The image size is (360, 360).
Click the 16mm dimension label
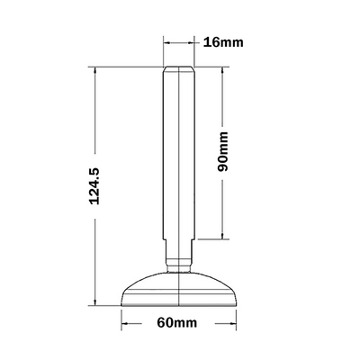click(223, 42)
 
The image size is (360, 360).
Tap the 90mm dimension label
click(222, 151)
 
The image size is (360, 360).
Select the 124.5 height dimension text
click(94, 186)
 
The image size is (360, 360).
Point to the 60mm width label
click(177, 323)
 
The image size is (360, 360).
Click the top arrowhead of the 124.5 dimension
click(95, 71)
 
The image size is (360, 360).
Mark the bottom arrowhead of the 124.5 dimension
click(95, 301)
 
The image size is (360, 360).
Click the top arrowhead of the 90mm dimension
click(222, 71)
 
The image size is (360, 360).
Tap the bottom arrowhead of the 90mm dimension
click(222, 236)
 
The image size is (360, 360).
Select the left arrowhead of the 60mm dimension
click(125, 323)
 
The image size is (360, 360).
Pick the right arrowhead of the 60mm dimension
click(232, 323)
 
